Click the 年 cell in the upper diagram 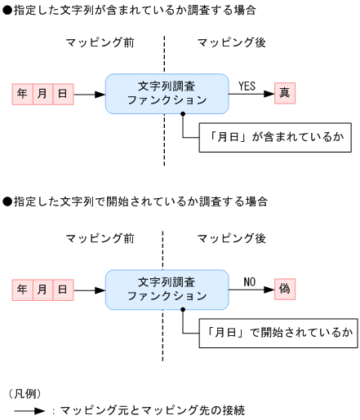(x=23, y=94)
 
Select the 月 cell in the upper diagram (x=43, y=94)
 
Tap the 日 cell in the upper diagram (x=63, y=94)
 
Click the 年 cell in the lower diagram (x=23, y=289)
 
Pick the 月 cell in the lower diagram (x=43, y=289)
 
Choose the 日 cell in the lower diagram (x=63, y=289)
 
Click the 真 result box (x=284, y=94)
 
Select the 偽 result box (x=284, y=289)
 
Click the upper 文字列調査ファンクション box (x=167, y=93)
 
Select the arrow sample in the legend (x=29, y=411)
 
